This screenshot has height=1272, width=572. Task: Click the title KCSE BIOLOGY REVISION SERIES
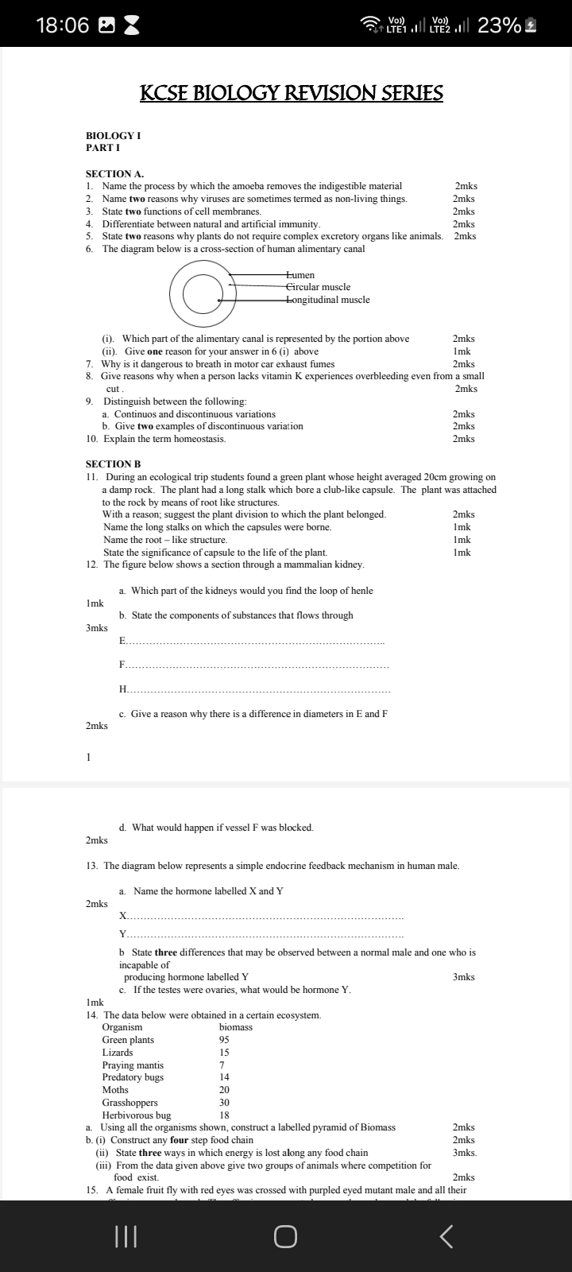[292, 94]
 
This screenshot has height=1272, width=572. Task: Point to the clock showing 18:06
[63, 25]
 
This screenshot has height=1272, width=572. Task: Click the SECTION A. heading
[109, 173]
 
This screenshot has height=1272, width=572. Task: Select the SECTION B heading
[113, 463]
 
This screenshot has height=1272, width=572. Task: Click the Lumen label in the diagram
[300, 275]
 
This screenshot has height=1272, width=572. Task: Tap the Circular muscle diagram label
[318, 287]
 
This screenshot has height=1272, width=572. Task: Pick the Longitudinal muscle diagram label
[327, 300]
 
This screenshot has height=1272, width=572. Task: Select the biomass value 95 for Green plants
[224, 1040]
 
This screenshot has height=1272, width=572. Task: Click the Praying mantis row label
[133, 1065]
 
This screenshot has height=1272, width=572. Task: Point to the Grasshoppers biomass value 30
[224, 1103]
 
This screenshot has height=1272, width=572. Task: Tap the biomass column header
[235, 1027]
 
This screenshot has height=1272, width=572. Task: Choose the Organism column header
[122, 1027]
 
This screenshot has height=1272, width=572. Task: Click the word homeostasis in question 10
[195, 439]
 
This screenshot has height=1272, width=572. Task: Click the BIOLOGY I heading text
[114, 136]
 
